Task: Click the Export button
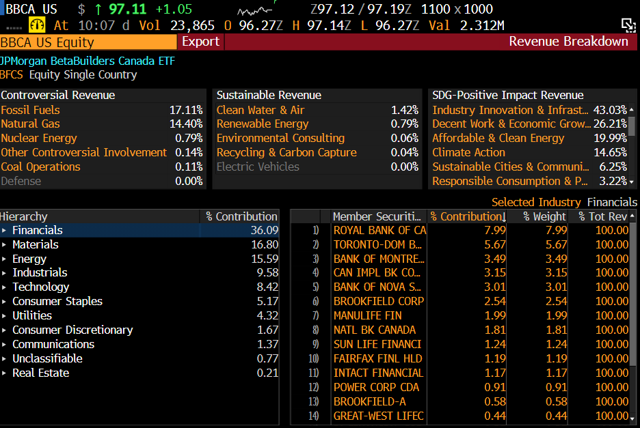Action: pos(200,42)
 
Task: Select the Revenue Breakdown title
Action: pos(568,42)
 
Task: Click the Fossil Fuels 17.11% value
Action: pos(186,110)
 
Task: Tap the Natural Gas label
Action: pos(30,124)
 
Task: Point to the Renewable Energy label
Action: pos(262,124)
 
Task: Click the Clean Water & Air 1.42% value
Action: pos(405,110)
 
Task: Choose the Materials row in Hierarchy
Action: pos(35,244)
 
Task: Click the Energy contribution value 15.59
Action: pos(265,259)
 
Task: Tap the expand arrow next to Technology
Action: pos(4,287)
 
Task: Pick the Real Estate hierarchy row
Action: pos(40,373)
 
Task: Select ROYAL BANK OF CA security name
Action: pos(379,230)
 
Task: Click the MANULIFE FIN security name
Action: pos(367,315)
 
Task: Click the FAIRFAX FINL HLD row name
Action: pos(377,358)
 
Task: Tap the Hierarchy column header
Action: pos(24,216)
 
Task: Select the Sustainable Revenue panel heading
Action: pos(268,95)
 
